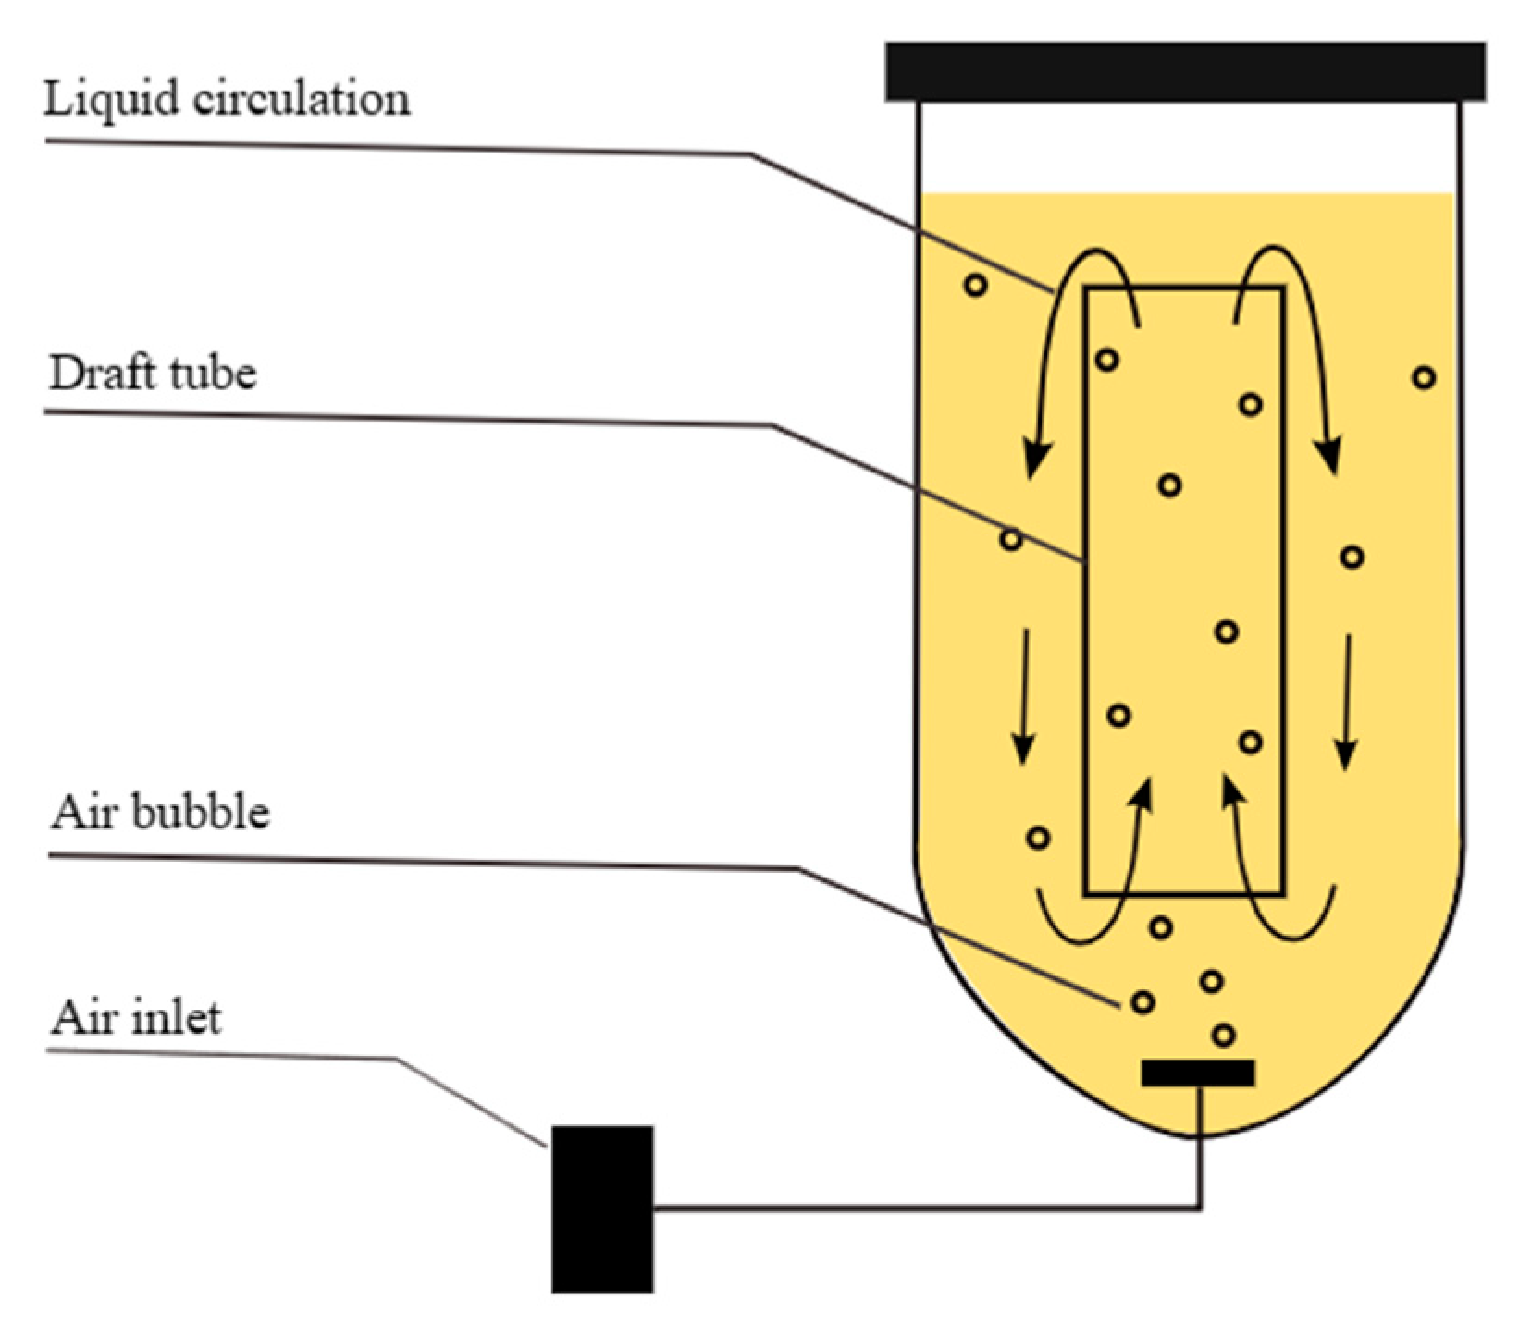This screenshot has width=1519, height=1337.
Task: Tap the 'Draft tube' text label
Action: coord(153,374)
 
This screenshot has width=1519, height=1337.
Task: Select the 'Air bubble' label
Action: coord(160,812)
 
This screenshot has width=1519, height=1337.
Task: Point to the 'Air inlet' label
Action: coord(137,1018)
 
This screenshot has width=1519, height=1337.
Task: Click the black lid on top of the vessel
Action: coord(1185,70)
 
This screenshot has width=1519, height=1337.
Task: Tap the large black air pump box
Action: coord(602,1208)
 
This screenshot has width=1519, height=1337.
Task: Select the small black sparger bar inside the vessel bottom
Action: coord(1198,1073)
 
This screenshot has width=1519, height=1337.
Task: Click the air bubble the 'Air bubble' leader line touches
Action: coord(1142,1001)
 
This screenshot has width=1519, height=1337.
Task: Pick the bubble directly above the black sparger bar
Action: coord(1224,1035)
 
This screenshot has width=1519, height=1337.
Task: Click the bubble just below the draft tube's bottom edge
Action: coord(1160,926)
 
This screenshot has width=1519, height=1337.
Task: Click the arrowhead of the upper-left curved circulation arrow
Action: coord(1037,457)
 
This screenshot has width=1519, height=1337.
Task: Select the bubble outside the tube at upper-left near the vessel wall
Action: coord(976,285)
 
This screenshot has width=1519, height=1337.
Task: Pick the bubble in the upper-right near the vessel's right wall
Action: coord(1425,377)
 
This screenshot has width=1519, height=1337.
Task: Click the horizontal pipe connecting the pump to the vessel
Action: coord(925,1208)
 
